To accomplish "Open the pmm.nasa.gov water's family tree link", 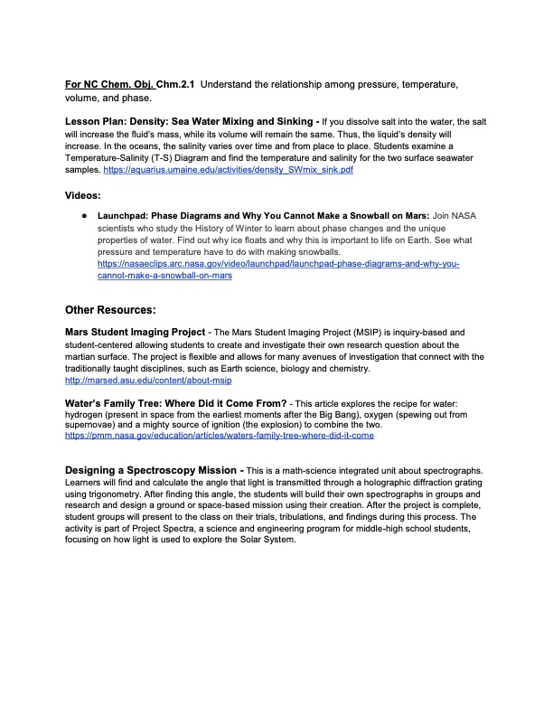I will click(x=220, y=435).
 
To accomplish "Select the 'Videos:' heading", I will click(x=82, y=195).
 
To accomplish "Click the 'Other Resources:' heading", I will click(x=117, y=309).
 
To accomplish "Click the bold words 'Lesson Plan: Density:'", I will click(x=120, y=121).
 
